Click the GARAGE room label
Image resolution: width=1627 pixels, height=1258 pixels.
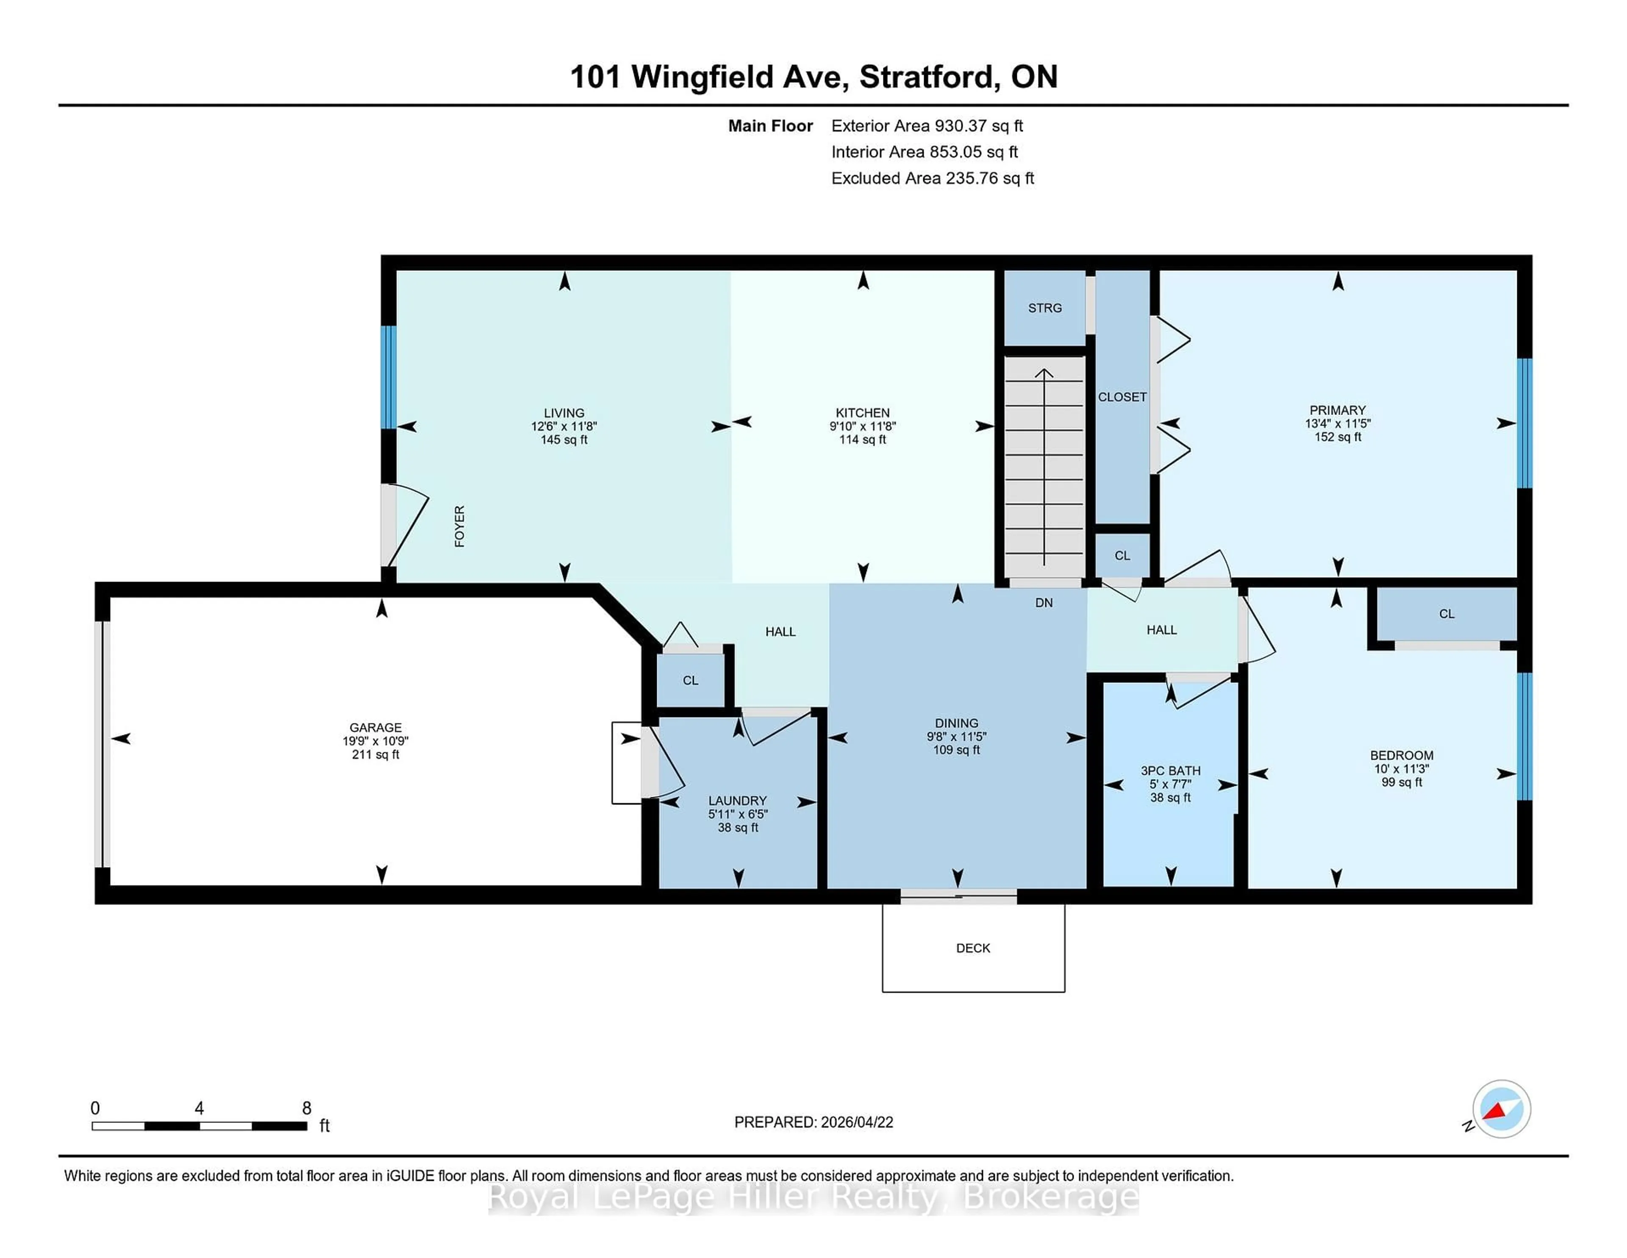(375, 727)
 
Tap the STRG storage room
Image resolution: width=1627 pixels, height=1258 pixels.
(1044, 308)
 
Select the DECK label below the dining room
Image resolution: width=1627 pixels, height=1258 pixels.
(973, 948)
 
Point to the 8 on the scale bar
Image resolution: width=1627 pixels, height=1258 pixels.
(306, 1108)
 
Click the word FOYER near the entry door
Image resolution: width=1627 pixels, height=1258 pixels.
(460, 526)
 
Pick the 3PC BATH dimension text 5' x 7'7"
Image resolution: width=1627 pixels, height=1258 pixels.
(1170, 784)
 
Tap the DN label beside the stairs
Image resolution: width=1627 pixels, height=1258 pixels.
(1044, 602)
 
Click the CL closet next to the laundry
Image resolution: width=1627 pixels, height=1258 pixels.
(691, 680)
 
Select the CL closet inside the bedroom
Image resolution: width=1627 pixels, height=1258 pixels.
(1446, 613)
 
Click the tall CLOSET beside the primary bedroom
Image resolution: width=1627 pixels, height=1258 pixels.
(1122, 397)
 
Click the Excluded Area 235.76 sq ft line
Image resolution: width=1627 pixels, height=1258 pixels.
(932, 178)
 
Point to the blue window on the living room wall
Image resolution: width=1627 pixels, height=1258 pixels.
(388, 377)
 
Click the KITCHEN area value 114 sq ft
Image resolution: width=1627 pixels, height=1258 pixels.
(863, 440)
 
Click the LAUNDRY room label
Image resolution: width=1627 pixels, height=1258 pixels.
(738, 800)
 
